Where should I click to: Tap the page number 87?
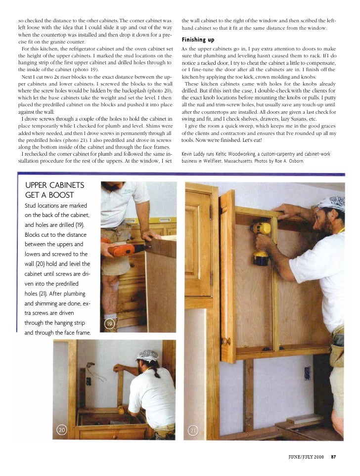point(334,456)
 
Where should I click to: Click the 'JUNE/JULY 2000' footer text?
point(306,456)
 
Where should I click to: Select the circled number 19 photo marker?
point(110,324)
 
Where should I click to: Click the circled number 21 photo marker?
point(193,431)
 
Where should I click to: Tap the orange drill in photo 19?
point(121,249)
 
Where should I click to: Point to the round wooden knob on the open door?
point(226,341)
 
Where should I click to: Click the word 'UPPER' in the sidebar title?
point(42,186)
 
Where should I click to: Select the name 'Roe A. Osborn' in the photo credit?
point(288,161)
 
